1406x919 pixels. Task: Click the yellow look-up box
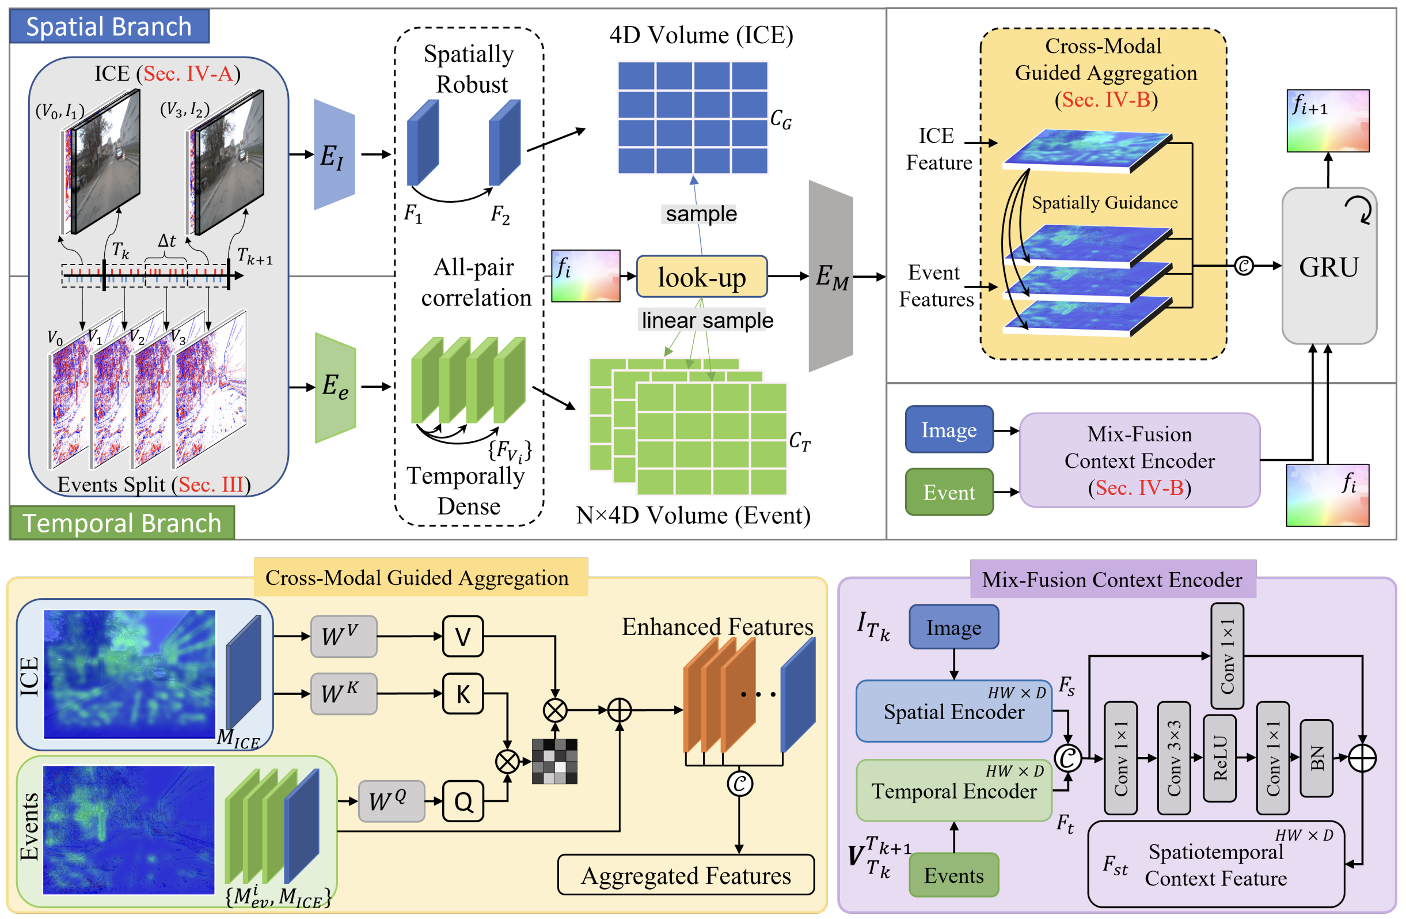tap(702, 277)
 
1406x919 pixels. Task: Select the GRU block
tap(1329, 267)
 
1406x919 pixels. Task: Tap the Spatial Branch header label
tap(109, 27)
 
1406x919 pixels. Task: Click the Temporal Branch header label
tap(121, 523)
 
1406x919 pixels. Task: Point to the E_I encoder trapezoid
tap(334, 156)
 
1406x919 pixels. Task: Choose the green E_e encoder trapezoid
tap(336, 387)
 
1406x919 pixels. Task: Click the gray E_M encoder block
tap(831, 276)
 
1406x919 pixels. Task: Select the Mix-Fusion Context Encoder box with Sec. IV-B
tap(1139, 460)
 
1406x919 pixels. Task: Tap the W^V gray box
tap(343, 637)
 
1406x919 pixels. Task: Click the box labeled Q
tap(463, 801)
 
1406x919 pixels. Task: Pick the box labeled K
tap(463, 694)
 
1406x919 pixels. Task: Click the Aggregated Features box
tap(686, 875)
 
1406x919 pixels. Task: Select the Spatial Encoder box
tap(953, 711)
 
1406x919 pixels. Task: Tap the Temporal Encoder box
tap(953, 790)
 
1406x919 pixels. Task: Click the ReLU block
tap(1219, 758)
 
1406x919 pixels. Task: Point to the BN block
tap(1316, 758)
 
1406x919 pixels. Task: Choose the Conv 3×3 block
tap(1173, 758)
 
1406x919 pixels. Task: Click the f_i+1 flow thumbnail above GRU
tap(1328, 120)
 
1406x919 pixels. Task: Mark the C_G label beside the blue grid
tap(780, 119)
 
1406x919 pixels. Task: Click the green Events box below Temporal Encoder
tap(953, 875)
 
